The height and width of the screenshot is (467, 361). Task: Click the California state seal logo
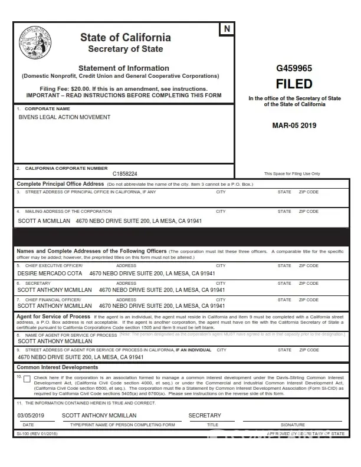point(35,43)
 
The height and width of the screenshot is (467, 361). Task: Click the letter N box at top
point(227,29)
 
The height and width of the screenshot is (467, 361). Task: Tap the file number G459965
point(294,68)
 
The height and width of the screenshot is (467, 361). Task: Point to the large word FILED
point(294,84)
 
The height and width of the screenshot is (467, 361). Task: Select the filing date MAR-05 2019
point(294,125)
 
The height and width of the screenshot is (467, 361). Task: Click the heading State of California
point(126,38)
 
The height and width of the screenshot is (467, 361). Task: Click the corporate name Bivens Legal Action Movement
point(64,117)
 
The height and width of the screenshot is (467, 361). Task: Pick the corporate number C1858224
point(124,174)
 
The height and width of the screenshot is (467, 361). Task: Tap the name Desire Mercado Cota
point(50,274)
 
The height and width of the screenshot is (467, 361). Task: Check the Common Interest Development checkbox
point(27,379)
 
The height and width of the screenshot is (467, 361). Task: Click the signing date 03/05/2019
point(31,416)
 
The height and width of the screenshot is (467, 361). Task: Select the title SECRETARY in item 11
point(205,416)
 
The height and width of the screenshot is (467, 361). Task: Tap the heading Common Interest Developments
point(57,367)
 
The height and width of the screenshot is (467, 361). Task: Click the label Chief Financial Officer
point(54,300)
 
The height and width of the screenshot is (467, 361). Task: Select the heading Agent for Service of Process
point(53,317)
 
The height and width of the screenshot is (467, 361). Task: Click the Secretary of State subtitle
point(126,49)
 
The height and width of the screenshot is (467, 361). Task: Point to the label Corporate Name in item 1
point(47,109)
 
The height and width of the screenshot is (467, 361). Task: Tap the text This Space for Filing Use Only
point(292,173)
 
